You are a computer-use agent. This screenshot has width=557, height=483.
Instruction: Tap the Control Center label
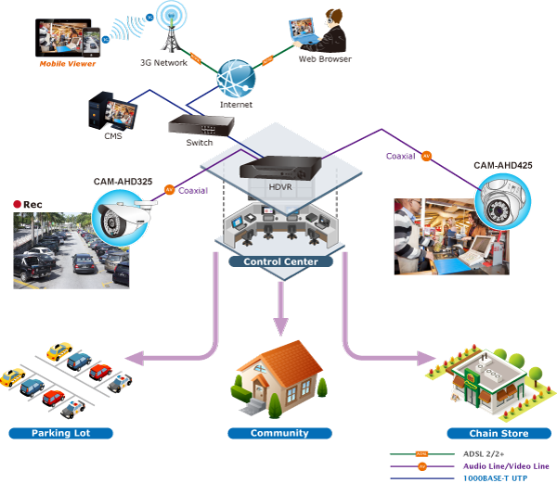(x=280, y=261)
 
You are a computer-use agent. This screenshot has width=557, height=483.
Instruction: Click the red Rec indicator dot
(x=17, y=204)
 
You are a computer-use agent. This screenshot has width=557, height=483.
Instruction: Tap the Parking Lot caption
(x=59, y=433)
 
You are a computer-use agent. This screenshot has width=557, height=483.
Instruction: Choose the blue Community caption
(x=279, y=433)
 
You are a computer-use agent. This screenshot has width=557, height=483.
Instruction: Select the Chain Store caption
(x=500, y=434)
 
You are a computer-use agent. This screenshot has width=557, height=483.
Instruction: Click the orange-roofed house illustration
(x=278, y=375)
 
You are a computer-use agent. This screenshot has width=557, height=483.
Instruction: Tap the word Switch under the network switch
(x=193, y=144)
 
